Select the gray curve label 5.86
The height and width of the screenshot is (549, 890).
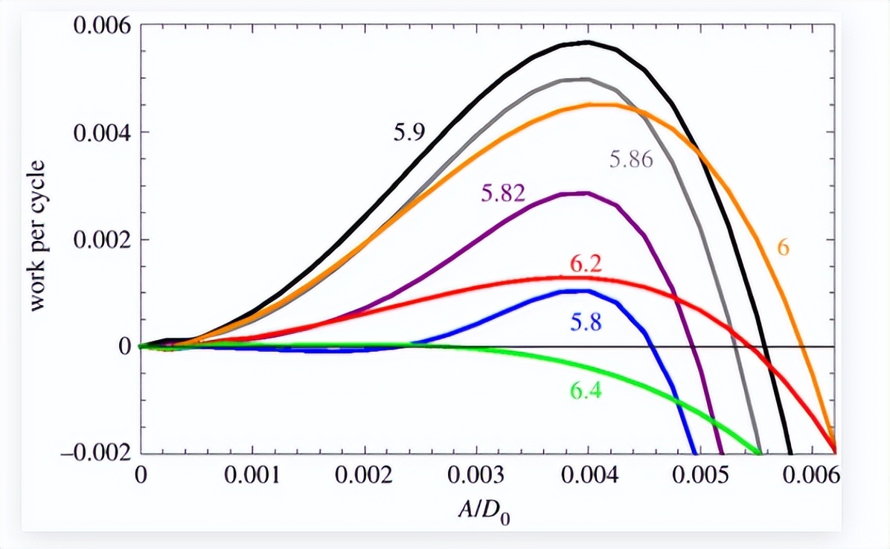[x=631, y=159]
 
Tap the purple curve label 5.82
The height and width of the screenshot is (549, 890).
[x=503, y=193]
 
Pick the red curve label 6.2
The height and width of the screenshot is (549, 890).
[x=586, y=263]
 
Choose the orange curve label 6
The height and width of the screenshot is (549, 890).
[x=783, y=248]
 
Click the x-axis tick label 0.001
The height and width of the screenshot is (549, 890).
[x=253, y=476]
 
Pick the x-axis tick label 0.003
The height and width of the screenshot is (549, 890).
[x=476, y=476]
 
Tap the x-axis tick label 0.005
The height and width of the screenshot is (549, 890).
[x=699, y=476]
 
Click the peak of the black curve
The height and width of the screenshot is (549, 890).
[x=587, y=42]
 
